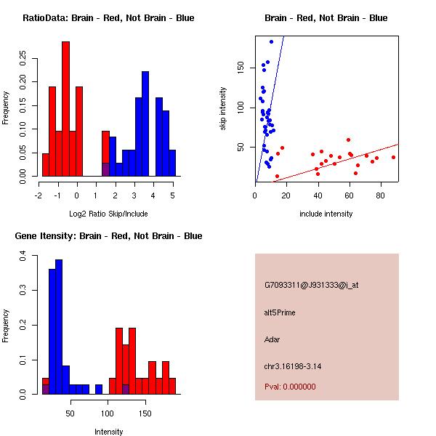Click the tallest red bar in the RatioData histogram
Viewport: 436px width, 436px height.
[66, 109]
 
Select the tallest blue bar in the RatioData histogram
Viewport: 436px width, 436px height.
[145, 124]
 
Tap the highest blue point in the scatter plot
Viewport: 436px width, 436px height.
[271, 41]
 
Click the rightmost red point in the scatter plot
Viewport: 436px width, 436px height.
[393, 158]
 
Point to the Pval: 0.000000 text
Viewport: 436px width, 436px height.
[290, 387]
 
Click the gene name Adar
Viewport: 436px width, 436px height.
[272, 339]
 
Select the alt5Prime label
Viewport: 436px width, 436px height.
[280, 312]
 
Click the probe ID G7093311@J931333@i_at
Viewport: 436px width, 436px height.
[312, 286]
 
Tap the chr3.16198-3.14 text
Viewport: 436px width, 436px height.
[293, 366]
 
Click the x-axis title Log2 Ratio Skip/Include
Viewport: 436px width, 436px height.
[108, 214]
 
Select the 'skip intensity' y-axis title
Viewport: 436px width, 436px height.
[223, 108]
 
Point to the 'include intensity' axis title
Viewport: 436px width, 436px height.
[326, 214]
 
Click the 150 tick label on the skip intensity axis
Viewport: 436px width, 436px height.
[241, 68]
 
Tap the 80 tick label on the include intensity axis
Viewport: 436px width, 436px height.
[380, 195]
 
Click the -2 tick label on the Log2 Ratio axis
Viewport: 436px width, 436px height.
[39, 195]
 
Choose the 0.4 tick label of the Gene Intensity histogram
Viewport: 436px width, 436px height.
[23, 256]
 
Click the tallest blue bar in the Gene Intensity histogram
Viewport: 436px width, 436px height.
[59, 327]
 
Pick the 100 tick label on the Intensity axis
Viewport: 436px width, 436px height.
[108, 413]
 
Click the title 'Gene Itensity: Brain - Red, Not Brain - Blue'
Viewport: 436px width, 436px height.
[108, 235]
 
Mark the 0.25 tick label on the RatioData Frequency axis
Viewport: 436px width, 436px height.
[23, 58]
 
